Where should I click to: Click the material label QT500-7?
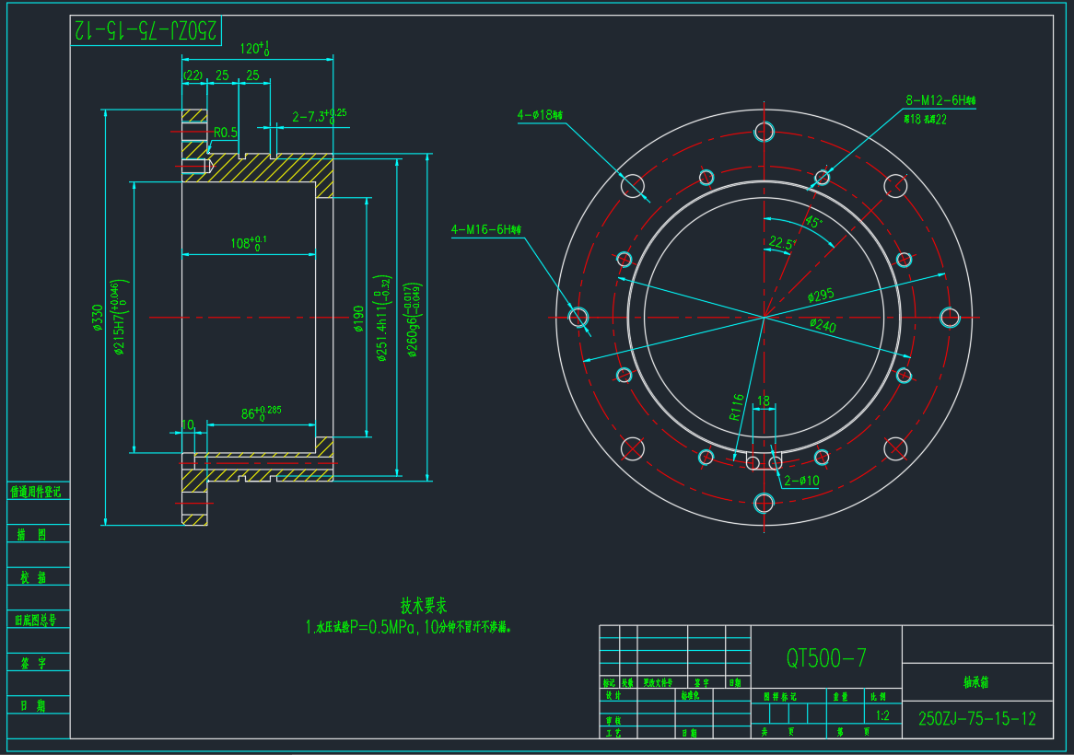pyautogui.click(x=826, y=657)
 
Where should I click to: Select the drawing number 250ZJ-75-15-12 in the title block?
pyautogui.click(x=977, y=719)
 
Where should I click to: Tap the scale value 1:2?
pyautogui.click(x=882, y=715)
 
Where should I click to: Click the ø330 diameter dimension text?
pyautogui.click(x=98, y=318)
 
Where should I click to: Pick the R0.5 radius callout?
pyautogui.click(x=226, y=133)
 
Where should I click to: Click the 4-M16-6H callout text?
pyautogui.click(x=485, y=229)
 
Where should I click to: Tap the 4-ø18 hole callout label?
pyautogui.click(x=540, y=115)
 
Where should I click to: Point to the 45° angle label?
pyautogui.click(x=813, y=222)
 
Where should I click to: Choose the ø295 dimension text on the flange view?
pyautogui.click(x=821, y=296)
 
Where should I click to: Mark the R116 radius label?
pyautogui.click(x=737, y=407)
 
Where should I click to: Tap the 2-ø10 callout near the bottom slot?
pyautogui.click(x=801, y=481)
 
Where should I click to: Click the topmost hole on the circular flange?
pyautogui.click(x=764, y=132)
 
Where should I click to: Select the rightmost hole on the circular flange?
pyautogui.click(x=950, y=317)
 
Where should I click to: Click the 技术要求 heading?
pyautogui.click(x=424, y=606)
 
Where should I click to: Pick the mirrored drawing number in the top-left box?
pyautogui.click(x=146, y=30)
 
